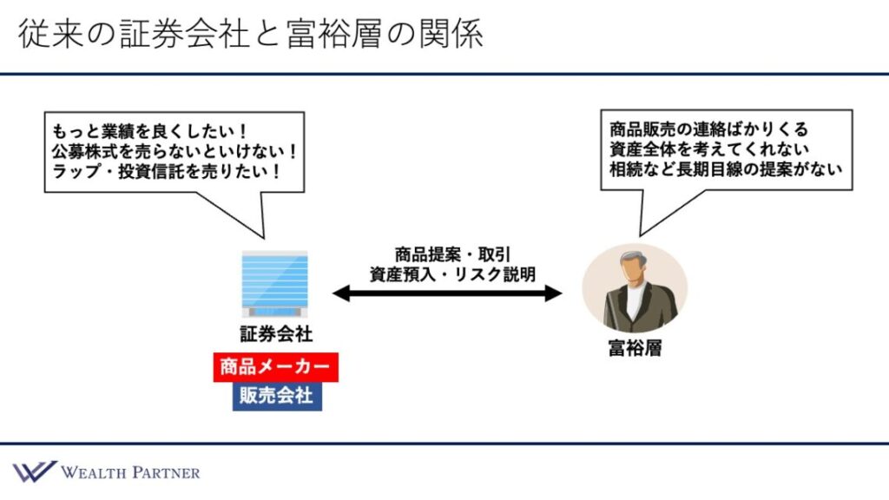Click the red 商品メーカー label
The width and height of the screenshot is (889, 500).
tap(275, 367)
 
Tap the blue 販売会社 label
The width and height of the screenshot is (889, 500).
tap(277, 396)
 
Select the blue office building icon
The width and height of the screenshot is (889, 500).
tap(275, 284)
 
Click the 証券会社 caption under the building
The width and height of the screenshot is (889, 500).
tap(276, 334)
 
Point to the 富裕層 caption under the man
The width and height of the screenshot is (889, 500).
tap(635, 348)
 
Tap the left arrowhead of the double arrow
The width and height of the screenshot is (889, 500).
tap(340, 293)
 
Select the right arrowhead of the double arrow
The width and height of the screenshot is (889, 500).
tap(553, 293)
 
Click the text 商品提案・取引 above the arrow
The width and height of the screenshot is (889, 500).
tap(452, 254)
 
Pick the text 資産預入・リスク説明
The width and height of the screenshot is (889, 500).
tap(452, 274)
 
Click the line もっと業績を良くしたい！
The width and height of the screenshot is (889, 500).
tap(150, 132)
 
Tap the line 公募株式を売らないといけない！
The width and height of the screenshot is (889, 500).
tap(175, 151)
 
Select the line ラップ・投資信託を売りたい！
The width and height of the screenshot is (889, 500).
tap(167, 171)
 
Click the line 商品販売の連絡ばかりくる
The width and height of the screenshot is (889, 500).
tap(708, 129)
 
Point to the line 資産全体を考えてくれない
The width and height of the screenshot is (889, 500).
tap(708, 149)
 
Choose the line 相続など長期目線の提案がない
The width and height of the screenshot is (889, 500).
tap(726, 169)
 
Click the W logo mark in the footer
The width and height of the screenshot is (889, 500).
tap(35, 471)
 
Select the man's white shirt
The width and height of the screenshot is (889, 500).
tap(633, 300)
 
